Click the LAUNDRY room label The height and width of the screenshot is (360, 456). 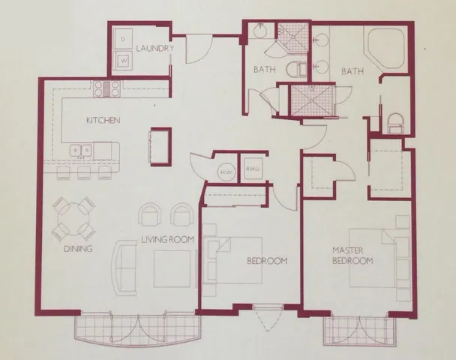tap(155, 49)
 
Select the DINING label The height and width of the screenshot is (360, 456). tap(77, 249)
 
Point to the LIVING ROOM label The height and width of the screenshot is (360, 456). tap(168, 240)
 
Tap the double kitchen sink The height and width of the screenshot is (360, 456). tap(80, 151)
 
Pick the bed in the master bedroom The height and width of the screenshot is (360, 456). tap(379, 259)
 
